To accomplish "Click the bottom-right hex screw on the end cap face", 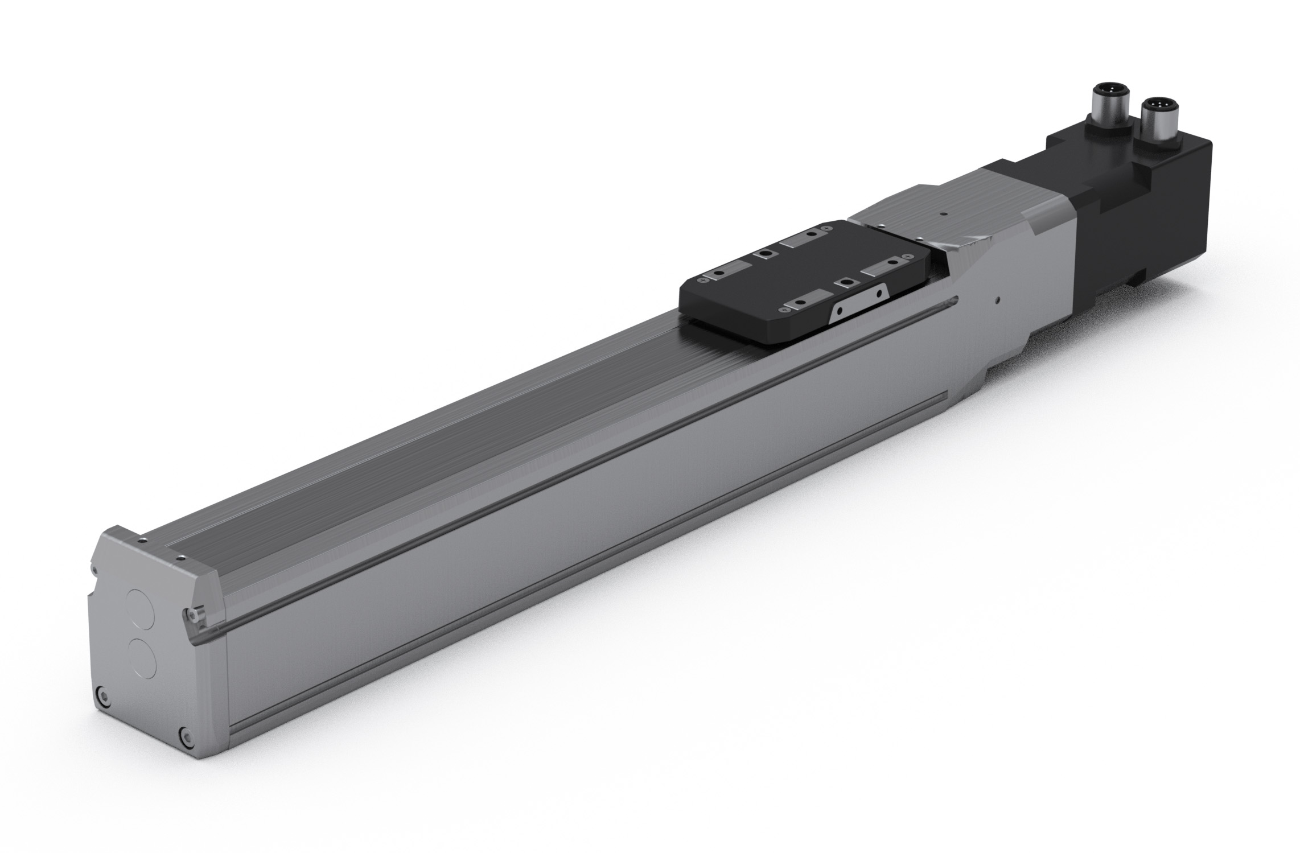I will click(x=183, y=750).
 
